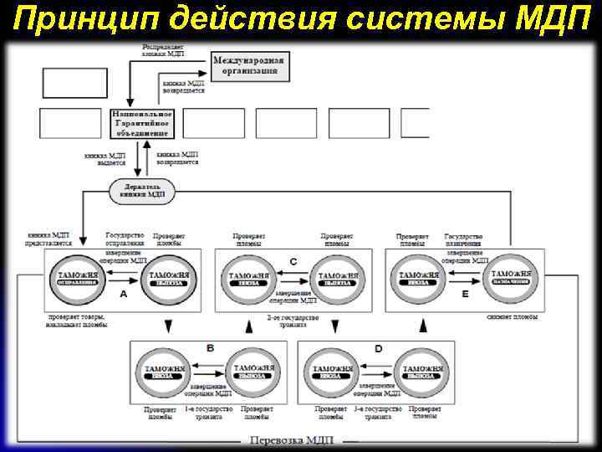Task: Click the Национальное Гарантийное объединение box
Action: tap(141, 122)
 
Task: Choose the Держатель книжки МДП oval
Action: tap(141, 190)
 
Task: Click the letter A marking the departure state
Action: tap(124, 295)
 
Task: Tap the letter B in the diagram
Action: tap(210, 347)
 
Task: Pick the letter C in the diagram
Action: tap(293, 262)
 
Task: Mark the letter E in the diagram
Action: tap(465, 295)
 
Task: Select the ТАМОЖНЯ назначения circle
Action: tap(512, 278)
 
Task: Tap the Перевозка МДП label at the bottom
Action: tap(285, 440)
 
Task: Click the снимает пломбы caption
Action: tap(510, 318)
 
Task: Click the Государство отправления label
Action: tap(125, 240)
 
